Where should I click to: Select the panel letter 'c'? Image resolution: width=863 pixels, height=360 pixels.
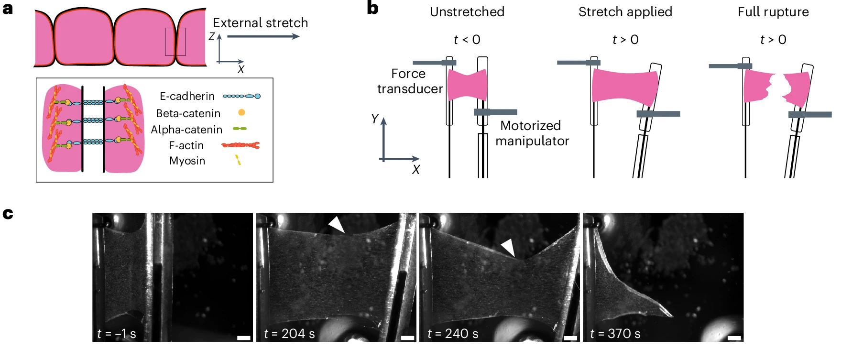click(x=8, y=214)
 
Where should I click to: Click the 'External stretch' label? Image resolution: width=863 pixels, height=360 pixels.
click(x=260, y=23)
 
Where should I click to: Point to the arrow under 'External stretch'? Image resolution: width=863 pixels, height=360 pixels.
click(x=263, y=36)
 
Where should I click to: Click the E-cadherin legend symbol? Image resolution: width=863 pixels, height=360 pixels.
click(x=241, y=96)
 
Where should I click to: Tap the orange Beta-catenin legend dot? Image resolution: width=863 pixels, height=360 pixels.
click(x=241, y=112)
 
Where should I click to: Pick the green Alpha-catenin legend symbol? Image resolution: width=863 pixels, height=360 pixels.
click(x=240, y=129)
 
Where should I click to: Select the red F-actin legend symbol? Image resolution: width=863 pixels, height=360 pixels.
click(x=240, y=145)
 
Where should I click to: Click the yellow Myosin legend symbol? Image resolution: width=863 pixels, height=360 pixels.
click(x=238, y=160)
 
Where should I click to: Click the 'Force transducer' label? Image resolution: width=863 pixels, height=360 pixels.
click(x=409, y=81)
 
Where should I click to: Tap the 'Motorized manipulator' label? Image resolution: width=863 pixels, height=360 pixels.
click(x=532, y=133)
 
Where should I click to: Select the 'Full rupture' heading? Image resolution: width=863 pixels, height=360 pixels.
click(x=773, y=12)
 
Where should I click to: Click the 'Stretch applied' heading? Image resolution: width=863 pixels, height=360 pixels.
click(x=625, y=12)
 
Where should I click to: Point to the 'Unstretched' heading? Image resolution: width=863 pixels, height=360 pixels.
click(x=467, y=12)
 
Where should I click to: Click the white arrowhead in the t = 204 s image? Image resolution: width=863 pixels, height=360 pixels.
click(x=337, y=224)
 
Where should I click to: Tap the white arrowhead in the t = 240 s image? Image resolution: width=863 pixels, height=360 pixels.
click(x=508, y=248)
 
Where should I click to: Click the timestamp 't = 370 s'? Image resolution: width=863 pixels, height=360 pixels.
click(x=615, y=334)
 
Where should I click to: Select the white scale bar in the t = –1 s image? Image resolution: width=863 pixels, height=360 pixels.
click(x=244, y=338)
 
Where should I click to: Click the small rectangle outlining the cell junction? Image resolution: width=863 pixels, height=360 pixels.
click(x=175, y=42)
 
